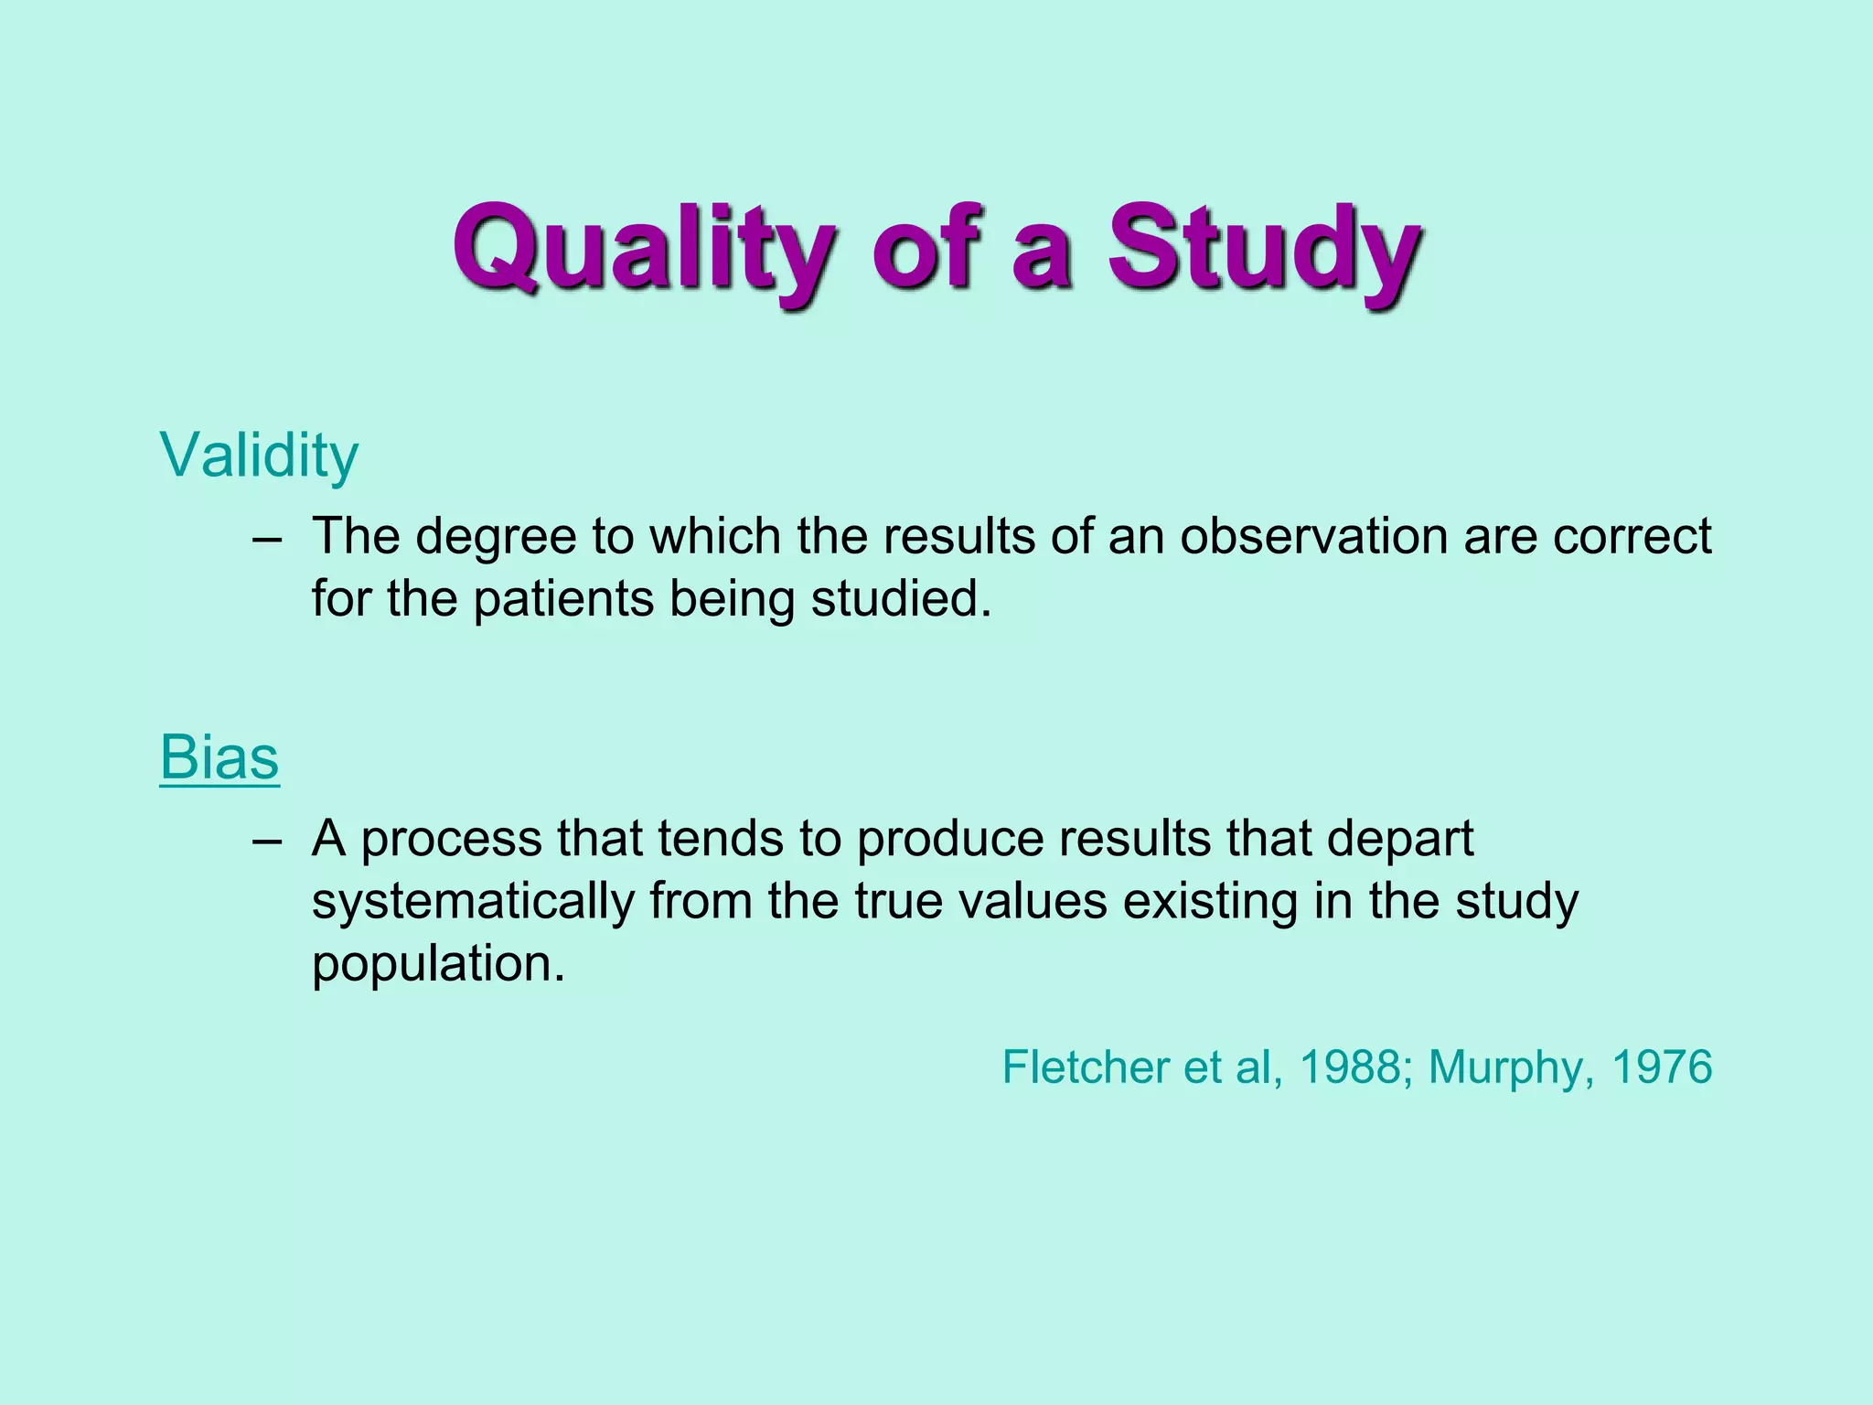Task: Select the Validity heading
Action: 259,455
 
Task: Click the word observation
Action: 1312,536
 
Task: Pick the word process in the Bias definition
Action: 452,840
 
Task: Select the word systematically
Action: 473,902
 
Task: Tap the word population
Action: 438,964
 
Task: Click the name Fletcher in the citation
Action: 1085,1067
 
